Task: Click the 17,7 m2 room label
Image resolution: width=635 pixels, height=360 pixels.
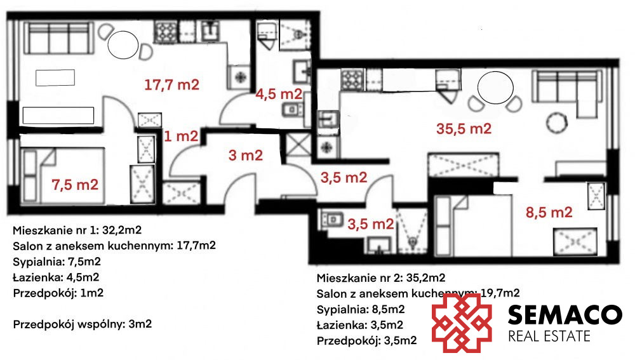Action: (171, 85)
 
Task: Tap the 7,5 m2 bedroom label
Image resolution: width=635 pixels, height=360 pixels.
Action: (75, 185)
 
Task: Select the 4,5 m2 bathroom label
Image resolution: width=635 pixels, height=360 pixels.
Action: (279, 95)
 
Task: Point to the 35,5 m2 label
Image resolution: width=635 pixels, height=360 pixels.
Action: (464, 129)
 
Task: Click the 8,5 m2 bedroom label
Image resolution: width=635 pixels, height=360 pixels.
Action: (549, 213)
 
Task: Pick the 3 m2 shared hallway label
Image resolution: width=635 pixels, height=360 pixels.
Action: (245, 155)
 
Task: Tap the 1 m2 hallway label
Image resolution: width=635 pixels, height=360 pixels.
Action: (181, 137)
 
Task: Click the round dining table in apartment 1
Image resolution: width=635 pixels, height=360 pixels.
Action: (123, 44)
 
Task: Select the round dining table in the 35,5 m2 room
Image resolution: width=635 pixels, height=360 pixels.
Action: (495, 88)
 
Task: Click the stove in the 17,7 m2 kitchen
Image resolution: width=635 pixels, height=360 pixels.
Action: (166, 32)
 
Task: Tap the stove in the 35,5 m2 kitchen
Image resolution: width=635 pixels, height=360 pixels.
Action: (352, 79)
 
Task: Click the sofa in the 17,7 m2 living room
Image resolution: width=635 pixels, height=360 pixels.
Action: (57, 38)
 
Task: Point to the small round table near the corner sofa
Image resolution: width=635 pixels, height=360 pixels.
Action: (557, 123)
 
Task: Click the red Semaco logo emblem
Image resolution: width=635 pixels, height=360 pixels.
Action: (462, 323)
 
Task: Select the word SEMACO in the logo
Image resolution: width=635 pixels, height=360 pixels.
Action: (565, 315)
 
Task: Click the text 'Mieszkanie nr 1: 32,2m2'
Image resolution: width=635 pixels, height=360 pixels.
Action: (77, 230)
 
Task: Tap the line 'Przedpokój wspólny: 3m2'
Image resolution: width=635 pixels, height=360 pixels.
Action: (82, 324)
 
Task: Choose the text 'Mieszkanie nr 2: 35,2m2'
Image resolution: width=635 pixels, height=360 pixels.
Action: (380, 278)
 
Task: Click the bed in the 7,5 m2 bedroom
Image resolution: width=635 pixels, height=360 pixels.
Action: (63, 176)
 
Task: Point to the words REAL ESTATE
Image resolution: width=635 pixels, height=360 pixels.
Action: (549, 336)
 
